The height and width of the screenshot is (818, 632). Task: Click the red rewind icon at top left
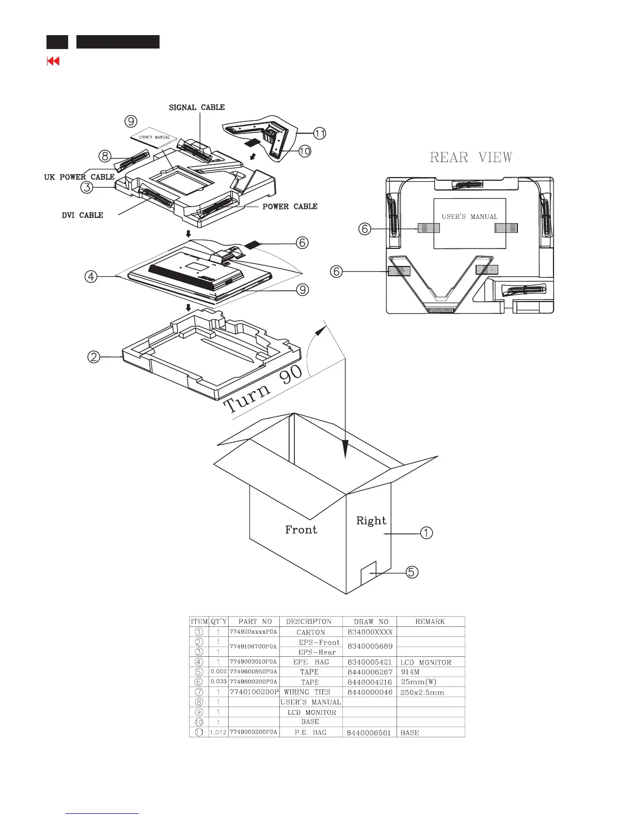tap(53, 61)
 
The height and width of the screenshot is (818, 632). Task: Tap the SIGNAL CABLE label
tap(197, 107)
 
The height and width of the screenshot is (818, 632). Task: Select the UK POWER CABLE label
tap(79, 177)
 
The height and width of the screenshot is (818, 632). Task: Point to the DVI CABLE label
tap(82, 215)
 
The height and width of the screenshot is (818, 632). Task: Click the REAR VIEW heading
tap(471, 157)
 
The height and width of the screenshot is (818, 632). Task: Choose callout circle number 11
tap(320, 133)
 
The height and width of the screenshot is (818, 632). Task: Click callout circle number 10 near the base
tap(305, 151)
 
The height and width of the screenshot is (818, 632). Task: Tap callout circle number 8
tap(105, 155)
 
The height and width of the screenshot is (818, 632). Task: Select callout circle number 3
tap(86, 187)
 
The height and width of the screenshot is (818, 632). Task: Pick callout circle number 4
tap(91, 277)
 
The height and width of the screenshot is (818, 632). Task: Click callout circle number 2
tap(93, 357)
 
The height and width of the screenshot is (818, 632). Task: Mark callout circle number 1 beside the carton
tap(426, 533)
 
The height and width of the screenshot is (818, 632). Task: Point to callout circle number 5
tap(412, 572)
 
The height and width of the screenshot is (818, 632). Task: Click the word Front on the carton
tap(301, 530)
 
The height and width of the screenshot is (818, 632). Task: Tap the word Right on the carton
tap(371, 521)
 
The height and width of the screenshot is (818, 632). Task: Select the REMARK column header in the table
tap(430, 622)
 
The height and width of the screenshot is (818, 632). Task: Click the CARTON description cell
tap(310, 632)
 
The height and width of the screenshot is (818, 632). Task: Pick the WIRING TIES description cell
tap(307, 692)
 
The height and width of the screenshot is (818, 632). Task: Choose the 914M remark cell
tap(410, 672)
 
